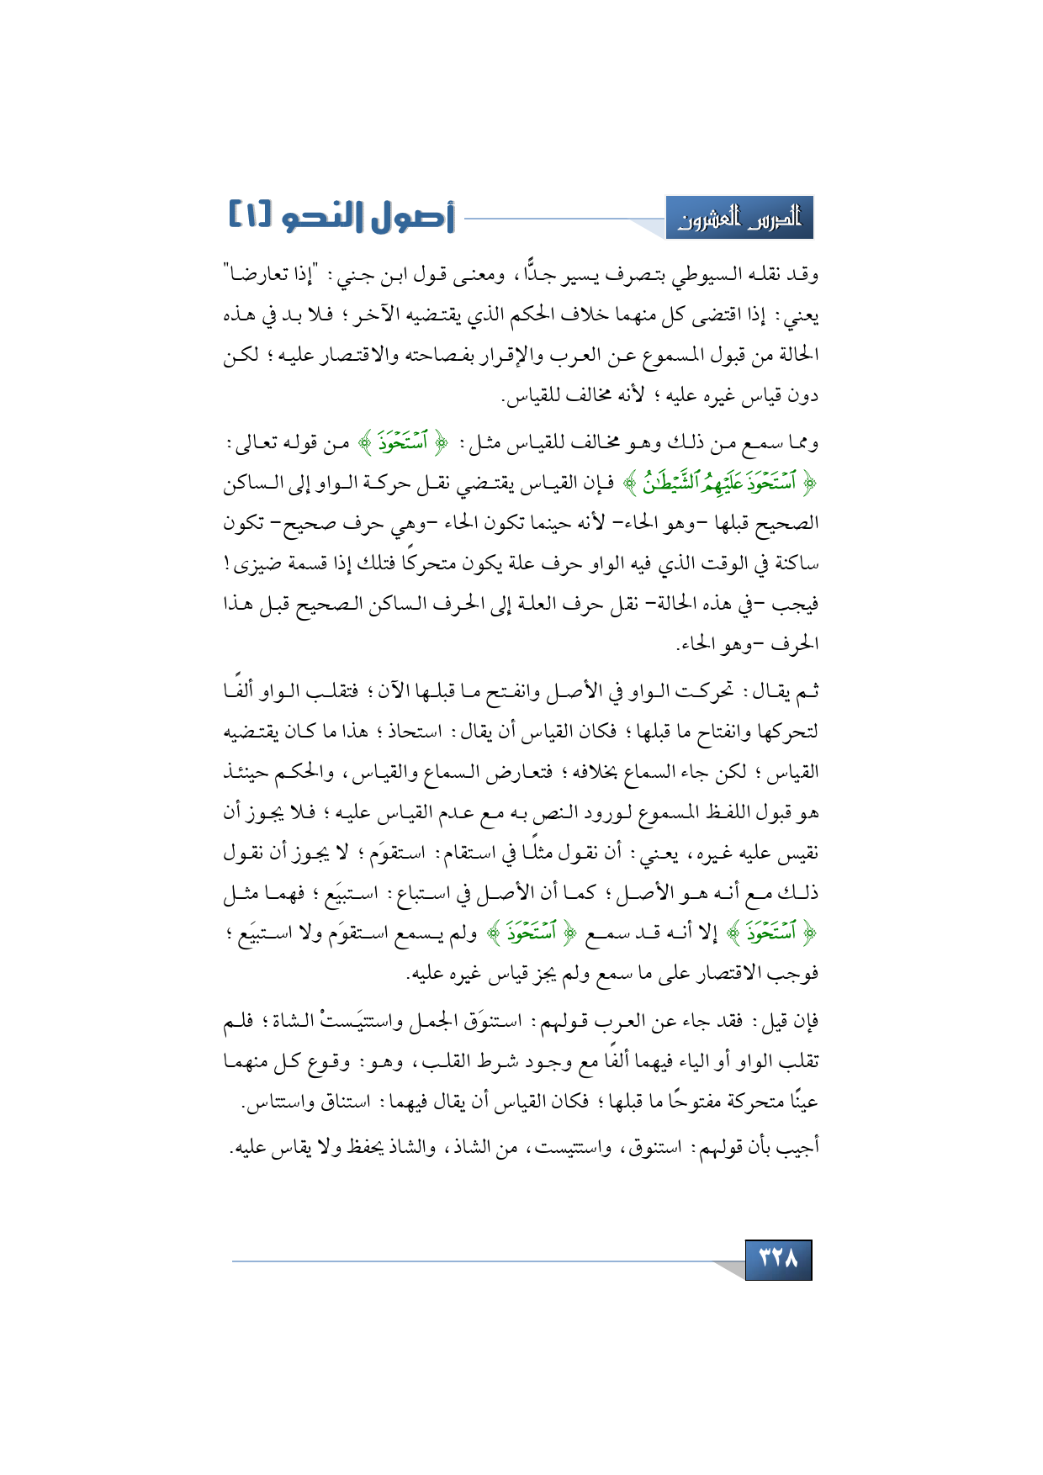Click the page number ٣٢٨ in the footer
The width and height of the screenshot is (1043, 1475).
[x=778, y=1259]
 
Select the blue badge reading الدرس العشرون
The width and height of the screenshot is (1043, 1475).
[x=739, y=219]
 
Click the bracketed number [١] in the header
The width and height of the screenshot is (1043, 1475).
[x=251, y=216]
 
